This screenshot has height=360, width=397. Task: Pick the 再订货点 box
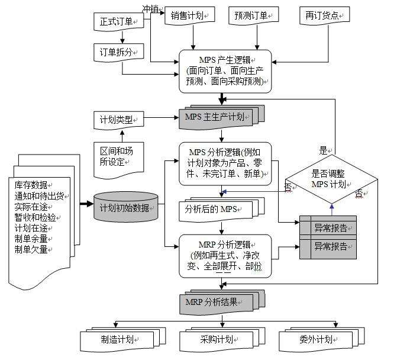click(324, 17)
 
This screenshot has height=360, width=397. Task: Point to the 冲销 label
click(150, 9)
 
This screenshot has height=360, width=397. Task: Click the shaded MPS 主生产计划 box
click(217, 115)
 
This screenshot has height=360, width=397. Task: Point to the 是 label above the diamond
click(323, 150)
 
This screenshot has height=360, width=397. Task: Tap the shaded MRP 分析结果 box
click(215, 303)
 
